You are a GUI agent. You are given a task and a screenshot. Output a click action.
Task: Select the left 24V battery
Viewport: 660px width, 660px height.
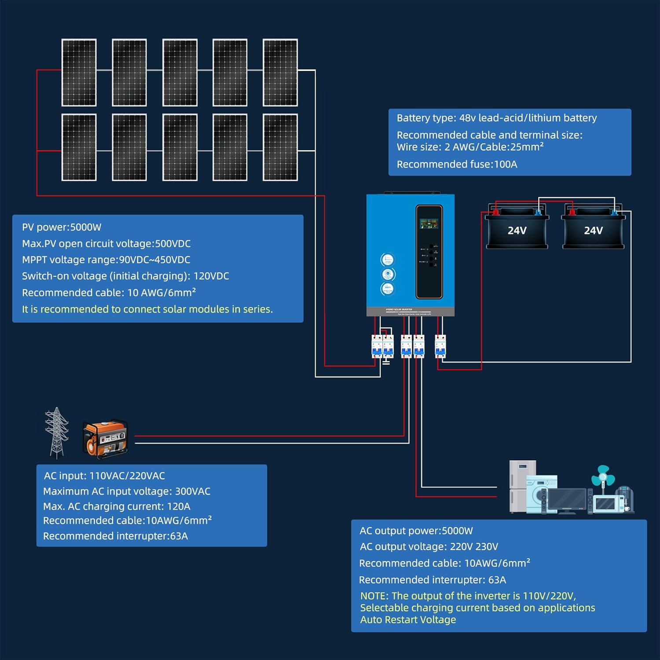[517, 228]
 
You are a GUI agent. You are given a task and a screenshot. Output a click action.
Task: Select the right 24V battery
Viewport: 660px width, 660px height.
[593, 228]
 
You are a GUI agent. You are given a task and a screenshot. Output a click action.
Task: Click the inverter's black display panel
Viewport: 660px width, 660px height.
[429, 252]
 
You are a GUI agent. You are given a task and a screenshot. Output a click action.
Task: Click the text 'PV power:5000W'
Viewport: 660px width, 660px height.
[62, 227]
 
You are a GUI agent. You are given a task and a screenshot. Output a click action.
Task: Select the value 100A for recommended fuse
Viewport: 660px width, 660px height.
[506, 165]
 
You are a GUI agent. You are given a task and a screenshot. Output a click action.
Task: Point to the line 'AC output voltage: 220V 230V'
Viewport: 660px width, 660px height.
[429, 547]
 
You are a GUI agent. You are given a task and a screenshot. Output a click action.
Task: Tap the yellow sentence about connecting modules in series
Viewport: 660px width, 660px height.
[147, 309]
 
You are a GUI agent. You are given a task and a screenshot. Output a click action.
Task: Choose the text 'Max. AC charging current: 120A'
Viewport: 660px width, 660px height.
[117, 506]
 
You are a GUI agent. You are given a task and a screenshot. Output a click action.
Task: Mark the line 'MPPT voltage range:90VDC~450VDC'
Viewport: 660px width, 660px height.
[106, 260]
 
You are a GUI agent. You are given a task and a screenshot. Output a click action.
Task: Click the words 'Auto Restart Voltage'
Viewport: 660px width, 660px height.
[408, 620]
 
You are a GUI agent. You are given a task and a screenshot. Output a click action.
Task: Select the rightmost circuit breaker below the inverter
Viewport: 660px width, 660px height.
[440, 346]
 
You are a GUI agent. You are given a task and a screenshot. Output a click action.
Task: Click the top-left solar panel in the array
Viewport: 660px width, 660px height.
[79, 73]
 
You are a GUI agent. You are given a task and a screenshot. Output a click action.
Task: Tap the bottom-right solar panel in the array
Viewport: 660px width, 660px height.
[280, 147]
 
